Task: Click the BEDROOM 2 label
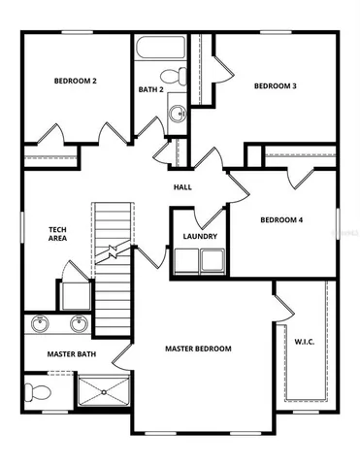tap(75, 82)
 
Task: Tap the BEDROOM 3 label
tap(275, 86)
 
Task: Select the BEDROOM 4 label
tap(281, 219)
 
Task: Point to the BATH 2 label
tap(150, 90)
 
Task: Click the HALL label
tap(182, 187)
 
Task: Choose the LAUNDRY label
tap(200, 236)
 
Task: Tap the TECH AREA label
tap(58, 233)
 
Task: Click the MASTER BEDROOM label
tap(198, 349)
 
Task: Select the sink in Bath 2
tap(178, 114)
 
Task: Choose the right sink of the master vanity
tap(79, 323)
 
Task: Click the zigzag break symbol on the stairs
tap(114, 253)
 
